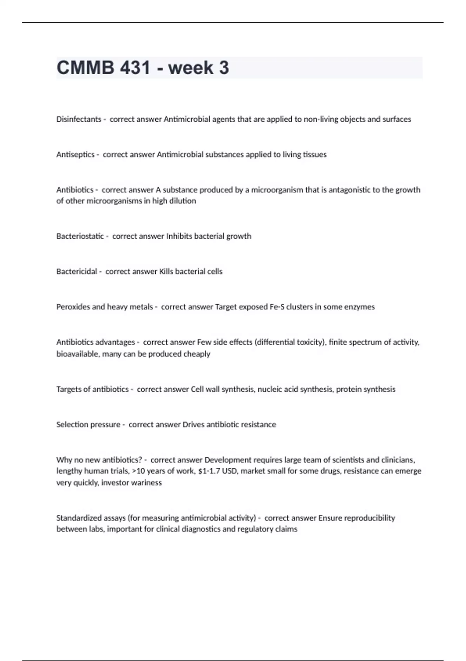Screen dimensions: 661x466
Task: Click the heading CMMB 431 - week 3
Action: point(143,68)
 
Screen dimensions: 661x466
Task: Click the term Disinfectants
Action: point(78,119)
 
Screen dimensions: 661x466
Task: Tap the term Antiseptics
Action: point(75,155)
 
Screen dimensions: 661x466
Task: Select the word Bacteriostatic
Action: point(80,236)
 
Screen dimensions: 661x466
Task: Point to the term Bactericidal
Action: point(77,272)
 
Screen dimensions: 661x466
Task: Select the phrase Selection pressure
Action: point(88,425)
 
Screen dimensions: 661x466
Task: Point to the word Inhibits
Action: point(179,236)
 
